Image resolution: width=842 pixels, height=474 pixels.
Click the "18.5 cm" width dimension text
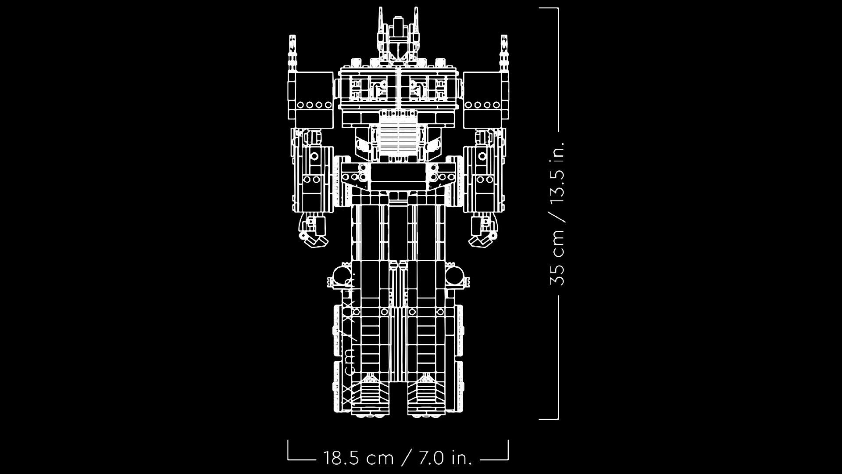coord(358,458)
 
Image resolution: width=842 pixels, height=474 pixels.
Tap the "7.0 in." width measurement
coord(446,458)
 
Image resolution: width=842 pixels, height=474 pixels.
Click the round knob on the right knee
coord(457,277)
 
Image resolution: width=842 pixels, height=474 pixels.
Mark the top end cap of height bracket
coord(549,8)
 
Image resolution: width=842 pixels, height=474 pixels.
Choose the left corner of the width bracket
coord(289,458)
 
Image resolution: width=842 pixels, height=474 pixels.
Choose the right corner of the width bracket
coord(507,458)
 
